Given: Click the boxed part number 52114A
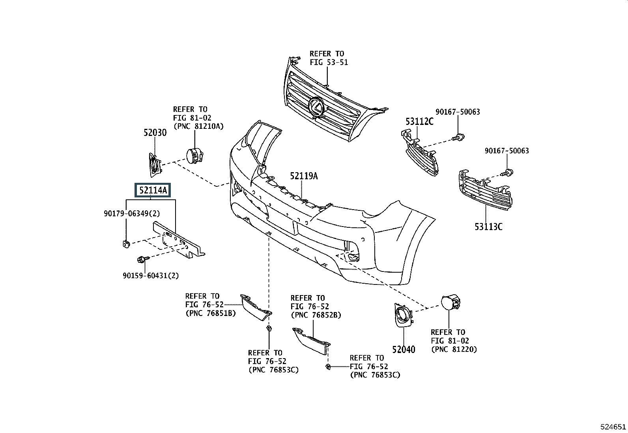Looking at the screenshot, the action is [x=153, y=190].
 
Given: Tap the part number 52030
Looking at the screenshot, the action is [x=155, y=132].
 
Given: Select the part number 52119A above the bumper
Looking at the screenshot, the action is [x=304, y=176].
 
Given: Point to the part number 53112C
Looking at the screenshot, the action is [x=419, y=121].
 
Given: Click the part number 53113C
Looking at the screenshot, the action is [x=488, y=227].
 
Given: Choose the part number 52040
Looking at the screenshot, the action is [x=404, y=349].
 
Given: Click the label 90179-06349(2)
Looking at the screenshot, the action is [x=132, y=214].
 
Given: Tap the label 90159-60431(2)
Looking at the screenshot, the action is [x=151, y=275].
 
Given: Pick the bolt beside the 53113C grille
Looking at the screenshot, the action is [x=508, y=173].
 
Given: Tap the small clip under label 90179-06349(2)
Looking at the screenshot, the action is [x=126, y=244].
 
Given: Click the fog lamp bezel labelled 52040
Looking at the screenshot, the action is [x=403, y=315].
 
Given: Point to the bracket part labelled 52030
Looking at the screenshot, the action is [x=155, y=165].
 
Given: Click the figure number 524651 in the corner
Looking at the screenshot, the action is [x=613, y=427].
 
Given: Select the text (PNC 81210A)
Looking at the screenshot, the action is [x=198, y=126].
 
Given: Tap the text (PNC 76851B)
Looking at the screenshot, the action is [x=211, y=313].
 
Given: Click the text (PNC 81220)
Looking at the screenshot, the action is [x=454, y=349].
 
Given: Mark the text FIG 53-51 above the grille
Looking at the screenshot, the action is [x=329, y=62].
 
